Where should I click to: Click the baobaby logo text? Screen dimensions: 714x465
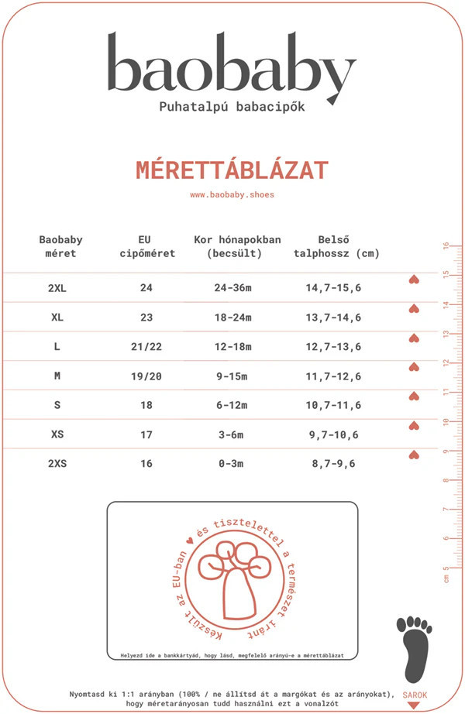231,67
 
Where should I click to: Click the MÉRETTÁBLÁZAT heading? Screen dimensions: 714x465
232,170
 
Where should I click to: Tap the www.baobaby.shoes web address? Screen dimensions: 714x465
232,195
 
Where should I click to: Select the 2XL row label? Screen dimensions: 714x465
57,288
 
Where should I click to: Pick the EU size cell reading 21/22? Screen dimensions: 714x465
146,347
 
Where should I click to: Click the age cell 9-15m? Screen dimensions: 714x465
231,376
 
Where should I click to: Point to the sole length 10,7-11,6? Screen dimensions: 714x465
333,406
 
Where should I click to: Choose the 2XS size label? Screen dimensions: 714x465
57,464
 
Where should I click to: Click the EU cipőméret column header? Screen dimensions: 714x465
146,246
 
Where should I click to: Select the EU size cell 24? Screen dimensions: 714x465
146,288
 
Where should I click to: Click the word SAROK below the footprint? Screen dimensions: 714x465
415,695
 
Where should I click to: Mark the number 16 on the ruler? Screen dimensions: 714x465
446,246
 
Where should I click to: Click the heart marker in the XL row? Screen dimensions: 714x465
413,309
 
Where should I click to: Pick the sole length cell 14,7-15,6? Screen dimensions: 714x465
333,288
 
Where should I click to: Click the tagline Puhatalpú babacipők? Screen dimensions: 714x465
232,107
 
